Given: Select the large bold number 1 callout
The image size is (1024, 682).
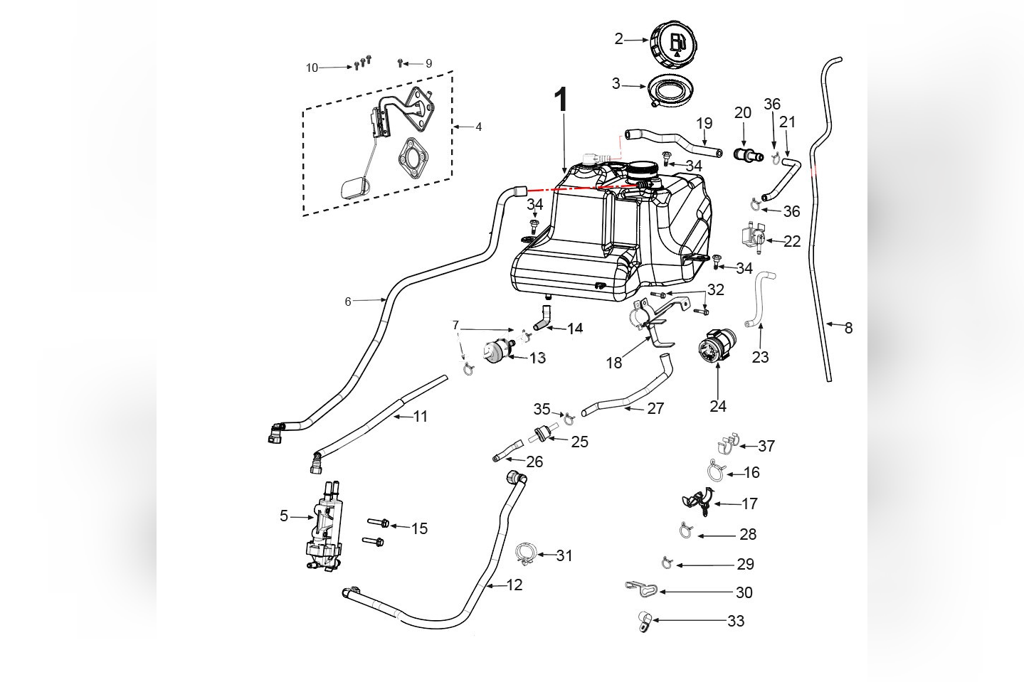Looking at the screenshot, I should pyautogui.click(x=562, y=100).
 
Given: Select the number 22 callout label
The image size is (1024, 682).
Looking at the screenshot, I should pyautogui.click(x=792, y=242).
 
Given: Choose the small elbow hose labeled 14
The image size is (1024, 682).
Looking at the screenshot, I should pyautogui.click(x=544, y=318).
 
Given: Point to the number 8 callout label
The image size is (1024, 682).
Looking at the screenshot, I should pyautogui.click(x=848, y=328).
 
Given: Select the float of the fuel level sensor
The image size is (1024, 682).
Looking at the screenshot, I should pyautogui.click(x=354, y=188).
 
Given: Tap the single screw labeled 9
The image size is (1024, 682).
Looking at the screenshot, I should pyautogui.click(x=401, y=63).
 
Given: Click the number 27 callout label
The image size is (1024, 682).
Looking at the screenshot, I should pyautogui.click(x=655, y=408).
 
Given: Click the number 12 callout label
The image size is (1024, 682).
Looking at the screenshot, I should pyautogui.click(x=514, y=585).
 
